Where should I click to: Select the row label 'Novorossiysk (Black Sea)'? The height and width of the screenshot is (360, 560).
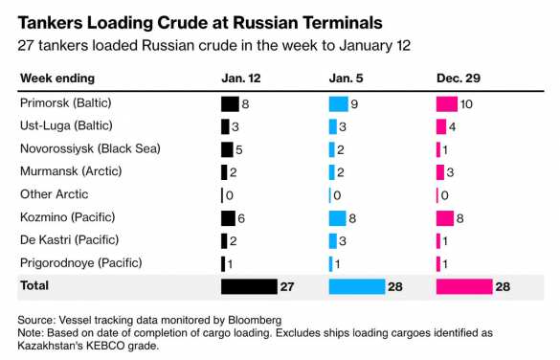(x=89, y=148)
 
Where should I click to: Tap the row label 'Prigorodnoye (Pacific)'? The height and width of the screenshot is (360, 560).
(x=80, y=262)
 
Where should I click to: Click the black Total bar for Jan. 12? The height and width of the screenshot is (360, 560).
(x=247, y=286)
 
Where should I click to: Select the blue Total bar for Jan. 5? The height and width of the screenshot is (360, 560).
(x=355, y=286)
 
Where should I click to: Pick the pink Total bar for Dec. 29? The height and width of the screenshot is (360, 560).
(x=463, y=286)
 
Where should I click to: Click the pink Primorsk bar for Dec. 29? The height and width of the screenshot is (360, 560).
(x=446, y=103)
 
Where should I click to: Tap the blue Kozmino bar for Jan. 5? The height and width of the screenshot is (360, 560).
(x=337, y=217)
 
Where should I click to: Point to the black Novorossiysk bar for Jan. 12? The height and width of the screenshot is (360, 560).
(x=227, y=149)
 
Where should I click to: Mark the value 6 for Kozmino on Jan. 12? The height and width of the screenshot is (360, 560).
(x=242, y=218)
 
